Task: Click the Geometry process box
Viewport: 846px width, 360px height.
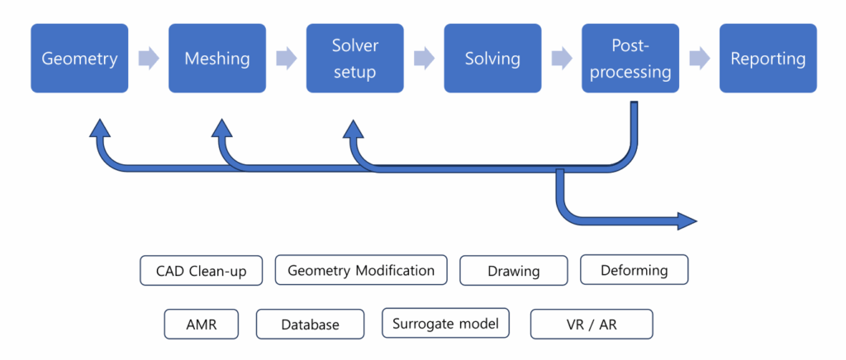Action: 79,59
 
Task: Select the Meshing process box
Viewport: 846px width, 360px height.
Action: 217,59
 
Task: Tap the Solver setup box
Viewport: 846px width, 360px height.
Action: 354,59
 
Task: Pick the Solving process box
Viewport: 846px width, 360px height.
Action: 492,59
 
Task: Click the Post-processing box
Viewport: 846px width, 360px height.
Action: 630,59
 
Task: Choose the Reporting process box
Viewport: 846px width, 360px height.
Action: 768,59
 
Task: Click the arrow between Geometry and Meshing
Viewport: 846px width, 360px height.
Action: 149,59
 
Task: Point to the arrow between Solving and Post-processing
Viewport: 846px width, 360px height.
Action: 562,59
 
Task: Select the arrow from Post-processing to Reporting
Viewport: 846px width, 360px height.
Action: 699,59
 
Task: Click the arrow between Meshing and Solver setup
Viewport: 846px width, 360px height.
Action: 286,59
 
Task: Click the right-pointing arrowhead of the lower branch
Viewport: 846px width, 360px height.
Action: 687,221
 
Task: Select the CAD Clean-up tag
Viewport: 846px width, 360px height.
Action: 201,271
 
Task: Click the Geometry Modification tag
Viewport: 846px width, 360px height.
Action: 360,270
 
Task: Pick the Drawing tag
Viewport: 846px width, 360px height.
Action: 513,271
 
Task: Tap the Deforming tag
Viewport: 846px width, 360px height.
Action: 634,270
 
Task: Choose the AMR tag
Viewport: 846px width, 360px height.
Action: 202,324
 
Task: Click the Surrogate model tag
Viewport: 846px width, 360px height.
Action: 445,323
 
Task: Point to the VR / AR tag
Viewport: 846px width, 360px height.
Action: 591,324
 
